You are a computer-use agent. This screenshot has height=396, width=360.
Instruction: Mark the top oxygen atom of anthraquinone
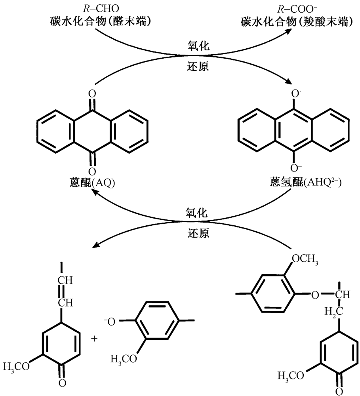[x=92, y=95]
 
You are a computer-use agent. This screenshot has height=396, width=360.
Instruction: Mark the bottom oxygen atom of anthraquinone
[x=92, y=171]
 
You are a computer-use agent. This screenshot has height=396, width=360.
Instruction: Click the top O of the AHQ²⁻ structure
[x=293, y=95]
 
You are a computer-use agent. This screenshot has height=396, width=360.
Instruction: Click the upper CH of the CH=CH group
[x=65, y=281]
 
